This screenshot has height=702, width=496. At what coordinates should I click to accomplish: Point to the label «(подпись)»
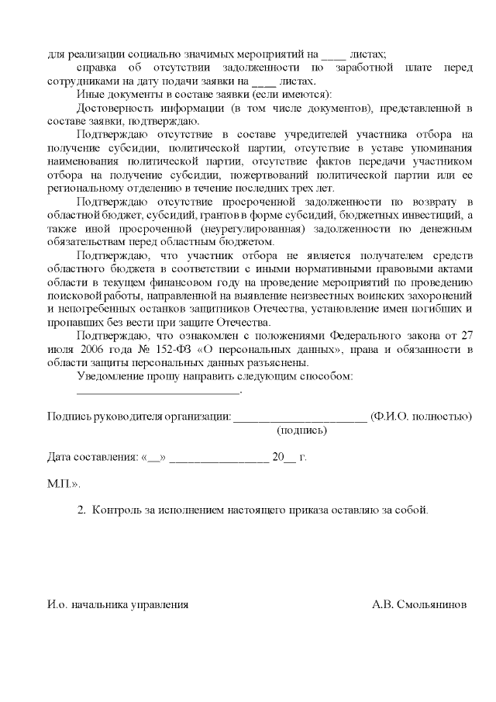pyautogui.click(x=301, y=430)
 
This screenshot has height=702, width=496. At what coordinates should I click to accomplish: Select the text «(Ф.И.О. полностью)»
pyautogui.click(x=422, y=417)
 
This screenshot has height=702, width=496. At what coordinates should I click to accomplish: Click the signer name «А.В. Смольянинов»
pyautogui.click(x=419, y=603)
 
